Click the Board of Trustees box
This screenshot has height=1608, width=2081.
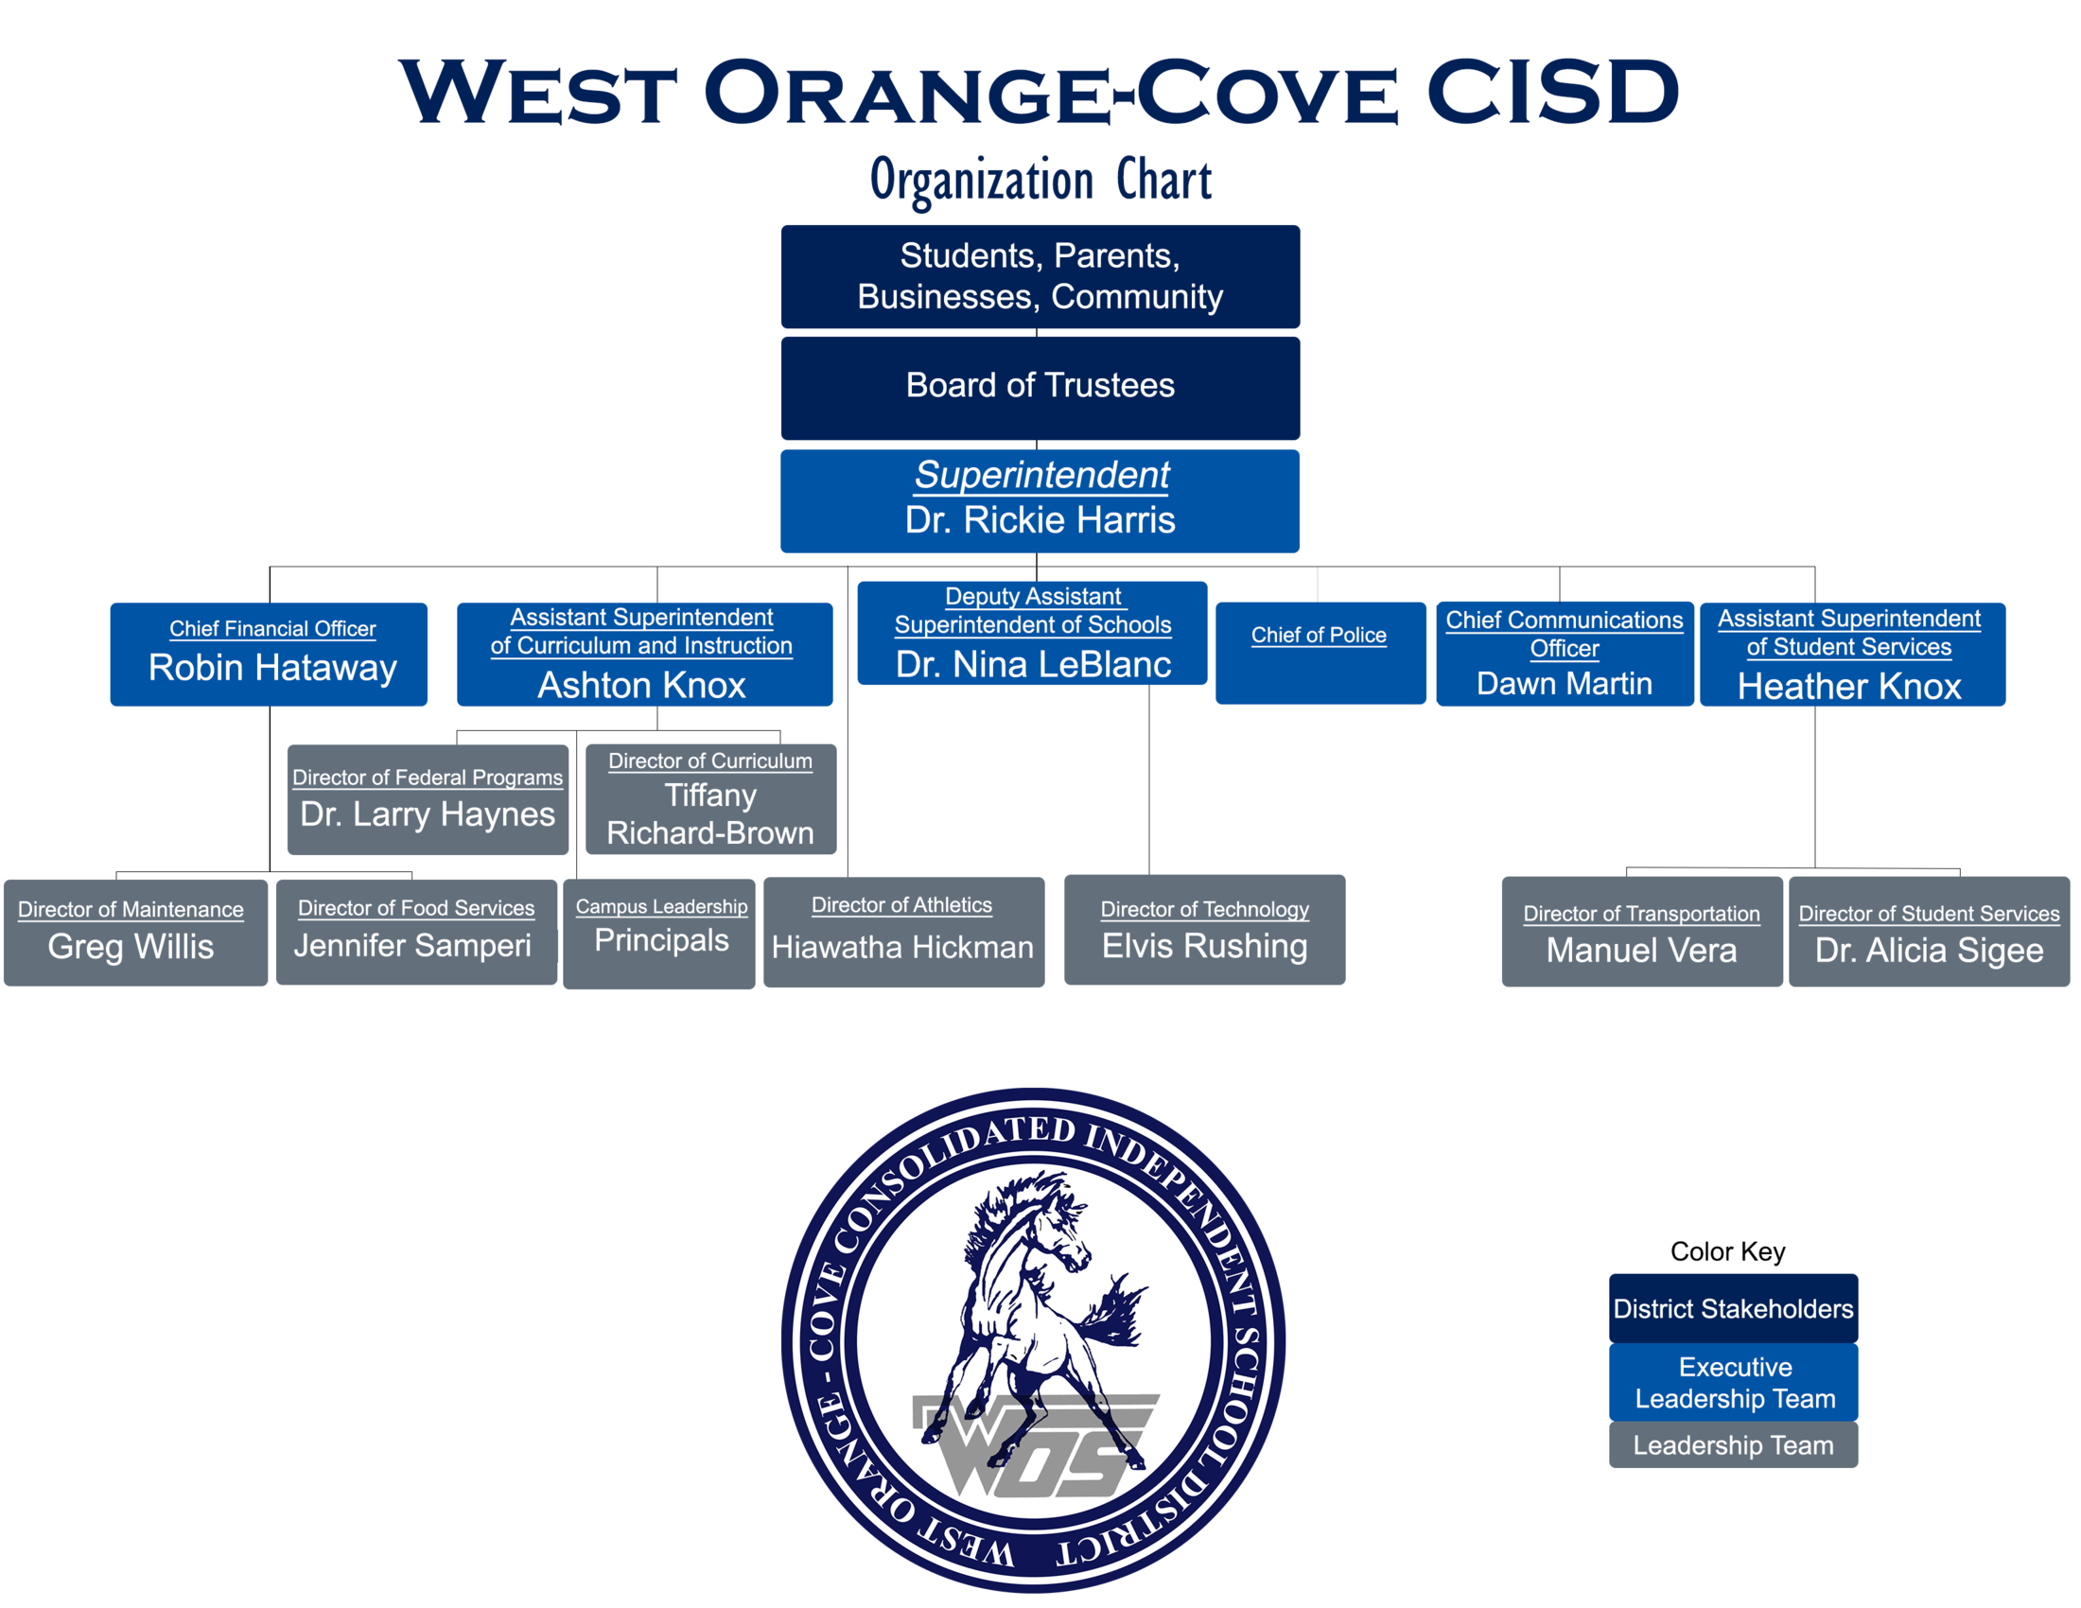click(x=1040, y=387)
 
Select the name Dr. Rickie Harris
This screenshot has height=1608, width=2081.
click(x=1040, y=520)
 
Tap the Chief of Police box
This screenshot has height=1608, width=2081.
click(x=1320, y=653)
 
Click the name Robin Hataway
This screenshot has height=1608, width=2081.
click(x=272, y=668)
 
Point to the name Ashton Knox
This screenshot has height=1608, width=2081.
click(x=641, y=685)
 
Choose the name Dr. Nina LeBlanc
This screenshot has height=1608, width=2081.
click(x=1033, y=664)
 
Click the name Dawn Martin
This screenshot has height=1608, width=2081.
click(x=1564, y=683)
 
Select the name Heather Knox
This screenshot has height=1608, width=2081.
click(x=1848, y=686)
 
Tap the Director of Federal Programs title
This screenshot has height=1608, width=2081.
click(x=427, y=778)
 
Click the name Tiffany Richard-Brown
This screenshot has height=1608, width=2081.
click(x=709, y=814)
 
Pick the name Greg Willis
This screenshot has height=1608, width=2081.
click(x=131, y=947)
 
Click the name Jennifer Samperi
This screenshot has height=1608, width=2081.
click(x=412, y=945)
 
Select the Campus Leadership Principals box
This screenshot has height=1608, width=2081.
click(x=660, y=933)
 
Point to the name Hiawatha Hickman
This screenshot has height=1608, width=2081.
click(x=902, y=947)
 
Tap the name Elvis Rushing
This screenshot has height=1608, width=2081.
click(x=1204, y=946)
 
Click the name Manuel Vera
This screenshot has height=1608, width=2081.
click(x=1641, y=950)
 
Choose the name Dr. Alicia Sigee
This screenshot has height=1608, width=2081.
click(x=1929, y=950)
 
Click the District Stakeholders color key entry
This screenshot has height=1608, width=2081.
click(x=1732, y=1308)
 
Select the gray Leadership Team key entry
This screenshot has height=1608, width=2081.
click(x=1732, y=1444)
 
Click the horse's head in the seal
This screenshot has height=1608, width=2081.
click(x=1058, y=1229)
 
